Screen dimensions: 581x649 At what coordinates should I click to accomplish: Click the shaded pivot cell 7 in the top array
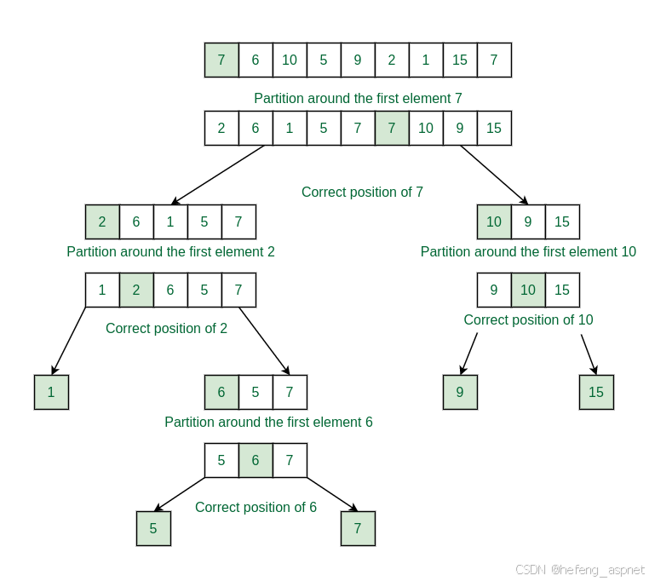click(x=221, y=60)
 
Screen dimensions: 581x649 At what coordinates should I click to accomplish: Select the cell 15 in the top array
click(x=460, y=60)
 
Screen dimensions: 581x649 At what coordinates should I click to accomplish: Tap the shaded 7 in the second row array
click(x=392, y=128)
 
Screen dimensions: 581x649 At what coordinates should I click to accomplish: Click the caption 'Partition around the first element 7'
click(x=358, y=98)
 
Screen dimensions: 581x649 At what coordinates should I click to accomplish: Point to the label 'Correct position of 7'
click(x=362, y=192)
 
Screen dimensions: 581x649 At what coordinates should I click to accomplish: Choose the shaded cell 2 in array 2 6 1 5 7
click(x=102, y=221)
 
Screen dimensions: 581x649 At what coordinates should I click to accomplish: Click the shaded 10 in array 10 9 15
click(x=494, y=221)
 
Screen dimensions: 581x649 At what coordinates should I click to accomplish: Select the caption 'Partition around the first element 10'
click(x=528, y=251)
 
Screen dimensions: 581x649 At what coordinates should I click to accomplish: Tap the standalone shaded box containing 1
click(x=51, y=392)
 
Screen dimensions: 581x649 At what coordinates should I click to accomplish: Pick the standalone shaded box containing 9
click(x=460, y=392)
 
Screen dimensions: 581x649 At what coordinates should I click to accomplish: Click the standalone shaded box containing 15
click(x=596, y=392)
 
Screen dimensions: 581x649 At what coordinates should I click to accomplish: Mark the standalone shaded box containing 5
click(x=153, y=528)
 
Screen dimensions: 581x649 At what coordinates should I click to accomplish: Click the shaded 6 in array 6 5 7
click(x=221, y=392)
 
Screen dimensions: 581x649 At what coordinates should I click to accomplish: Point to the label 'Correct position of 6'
click(x=256, y=507)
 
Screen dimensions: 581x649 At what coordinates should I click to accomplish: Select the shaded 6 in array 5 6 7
click(x=256, y=460)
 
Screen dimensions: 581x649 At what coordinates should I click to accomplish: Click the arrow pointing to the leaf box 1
click(x=68, y=341)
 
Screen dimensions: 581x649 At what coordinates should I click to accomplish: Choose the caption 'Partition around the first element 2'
click(x=170, y=251)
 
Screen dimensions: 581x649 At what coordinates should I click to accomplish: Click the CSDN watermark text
click(x=580, y=569)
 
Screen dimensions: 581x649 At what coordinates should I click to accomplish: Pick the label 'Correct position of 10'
click(x=528, y=319)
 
